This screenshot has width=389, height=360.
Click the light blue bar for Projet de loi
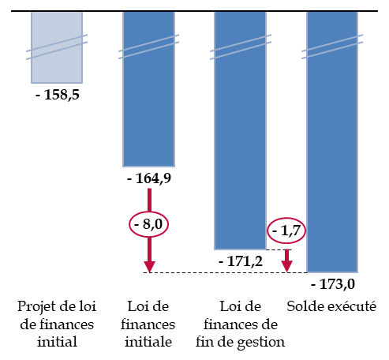(x=57, y=47)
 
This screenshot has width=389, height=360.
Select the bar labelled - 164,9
(x=148, y=89)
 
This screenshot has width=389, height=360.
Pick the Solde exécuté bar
(x=332, y=142)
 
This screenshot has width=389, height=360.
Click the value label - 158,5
(x=58, y=95)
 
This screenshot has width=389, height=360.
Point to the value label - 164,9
(x=149, y=178)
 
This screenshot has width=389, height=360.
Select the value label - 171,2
(x=241, y=261)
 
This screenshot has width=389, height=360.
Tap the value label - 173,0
(x=333, y=284)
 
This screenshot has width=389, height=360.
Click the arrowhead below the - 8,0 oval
(x=149, y=267)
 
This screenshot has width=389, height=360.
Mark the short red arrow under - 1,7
(x=286, y=261)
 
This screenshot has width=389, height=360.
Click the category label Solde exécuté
(x=331, y=306)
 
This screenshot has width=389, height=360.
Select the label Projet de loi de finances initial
(x=57, y=324)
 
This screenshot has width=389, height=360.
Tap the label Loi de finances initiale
(x=148, y=324)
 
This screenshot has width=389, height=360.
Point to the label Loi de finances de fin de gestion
(x=241, y=325)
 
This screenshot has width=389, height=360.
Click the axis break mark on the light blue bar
(x=57, y=47)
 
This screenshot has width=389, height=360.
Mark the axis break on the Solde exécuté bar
(x=332, y=47)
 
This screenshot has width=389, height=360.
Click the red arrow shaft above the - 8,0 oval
(x=149, y=200)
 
